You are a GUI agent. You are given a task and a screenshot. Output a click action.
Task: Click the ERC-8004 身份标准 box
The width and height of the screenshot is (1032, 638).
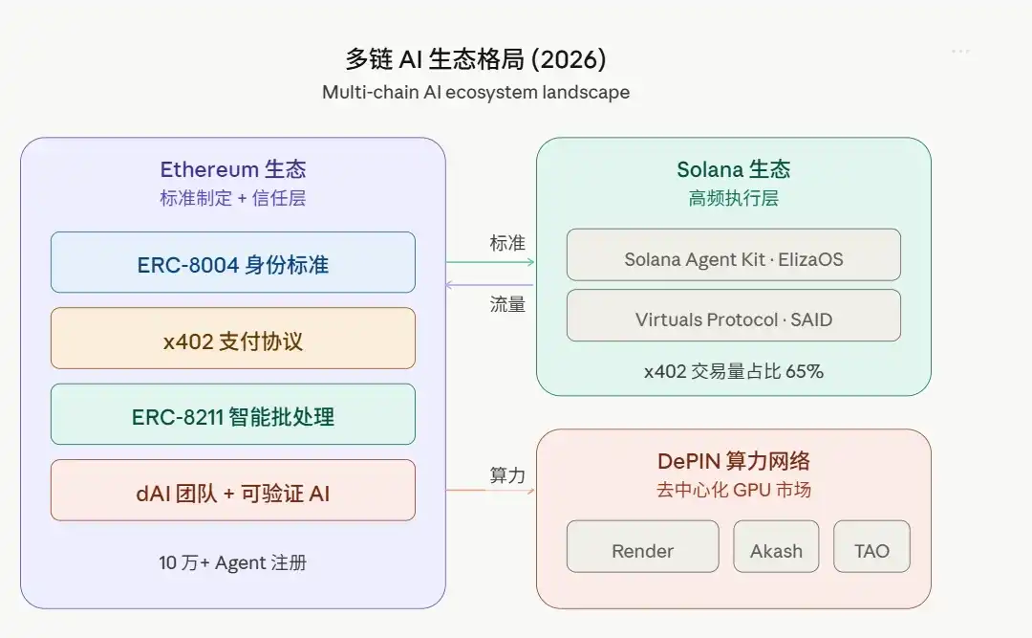click(x=232, y=262)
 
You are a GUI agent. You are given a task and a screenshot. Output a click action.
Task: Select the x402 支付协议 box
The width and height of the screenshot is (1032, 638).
click(x=232, y=339)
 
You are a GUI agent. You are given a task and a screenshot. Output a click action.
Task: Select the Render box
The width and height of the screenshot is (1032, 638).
click(x=642, y=546)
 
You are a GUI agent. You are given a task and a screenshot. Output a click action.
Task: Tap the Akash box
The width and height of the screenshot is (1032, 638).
click(x=776, y=546)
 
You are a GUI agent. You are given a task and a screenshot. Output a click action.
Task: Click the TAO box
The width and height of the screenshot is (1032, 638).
click(x=871, y=546)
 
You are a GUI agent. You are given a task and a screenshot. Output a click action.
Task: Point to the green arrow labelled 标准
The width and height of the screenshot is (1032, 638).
click(x=490, y=261)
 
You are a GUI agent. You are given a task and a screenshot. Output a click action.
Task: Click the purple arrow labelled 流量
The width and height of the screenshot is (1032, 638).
click(x=490, y=284)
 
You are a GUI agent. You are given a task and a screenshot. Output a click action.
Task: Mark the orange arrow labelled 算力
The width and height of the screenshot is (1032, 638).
click(x=490, y=491)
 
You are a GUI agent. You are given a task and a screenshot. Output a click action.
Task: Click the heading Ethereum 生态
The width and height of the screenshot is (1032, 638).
click(x=232, y=170)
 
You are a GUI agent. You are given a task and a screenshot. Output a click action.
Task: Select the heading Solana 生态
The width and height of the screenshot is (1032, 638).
click(x=733, y=170)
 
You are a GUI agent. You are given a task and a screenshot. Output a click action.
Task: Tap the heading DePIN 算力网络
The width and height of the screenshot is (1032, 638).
click(x=733, y=461)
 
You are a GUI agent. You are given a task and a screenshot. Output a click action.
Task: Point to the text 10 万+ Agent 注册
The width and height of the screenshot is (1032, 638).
click(x=232, y=563)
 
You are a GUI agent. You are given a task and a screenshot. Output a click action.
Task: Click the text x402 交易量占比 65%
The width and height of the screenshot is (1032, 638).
click(x=733, y=371)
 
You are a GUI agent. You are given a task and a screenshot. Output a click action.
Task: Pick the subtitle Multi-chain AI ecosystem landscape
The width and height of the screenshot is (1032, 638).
click(x=476, y=93)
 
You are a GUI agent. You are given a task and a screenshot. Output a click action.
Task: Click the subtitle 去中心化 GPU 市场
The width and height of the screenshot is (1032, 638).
click(x=733, y=491)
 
